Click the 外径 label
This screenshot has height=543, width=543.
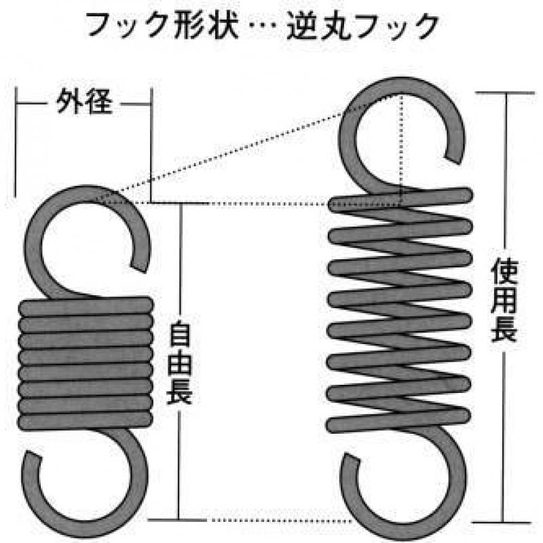point(84,101)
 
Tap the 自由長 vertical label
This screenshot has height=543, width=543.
point(179,362)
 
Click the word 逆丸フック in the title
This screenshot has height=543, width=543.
point(362,26)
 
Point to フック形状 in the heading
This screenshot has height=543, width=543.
point(162,25)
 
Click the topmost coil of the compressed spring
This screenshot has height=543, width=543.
point(86,306)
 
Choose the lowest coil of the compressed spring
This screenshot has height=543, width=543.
point(86,421)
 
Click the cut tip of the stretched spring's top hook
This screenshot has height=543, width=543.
point(453,159)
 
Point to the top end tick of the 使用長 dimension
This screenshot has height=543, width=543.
point(505,93)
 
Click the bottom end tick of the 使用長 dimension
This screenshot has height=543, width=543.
point(502,523)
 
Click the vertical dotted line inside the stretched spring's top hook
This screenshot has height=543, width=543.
point(402,149)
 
